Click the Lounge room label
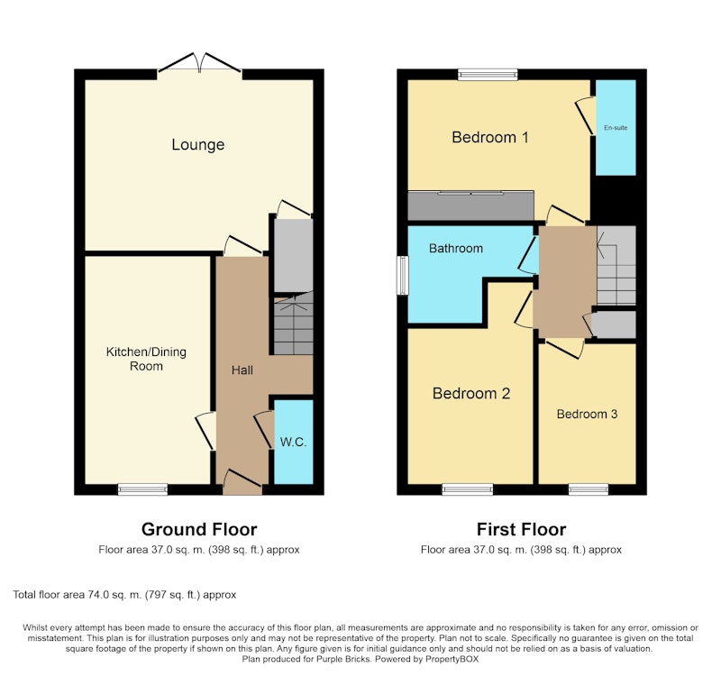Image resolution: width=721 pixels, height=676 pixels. (198, 144)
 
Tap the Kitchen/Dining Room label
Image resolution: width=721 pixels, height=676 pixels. (146, 359)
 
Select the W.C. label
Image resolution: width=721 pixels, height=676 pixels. (294, 442)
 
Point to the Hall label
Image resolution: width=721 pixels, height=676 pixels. (242, 370)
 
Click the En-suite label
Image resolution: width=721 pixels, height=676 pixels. (616, 127)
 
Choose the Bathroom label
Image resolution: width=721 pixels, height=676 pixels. (456, 249)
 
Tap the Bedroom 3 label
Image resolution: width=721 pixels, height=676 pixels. (587, 414)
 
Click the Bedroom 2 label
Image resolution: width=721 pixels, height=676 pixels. (471, 393)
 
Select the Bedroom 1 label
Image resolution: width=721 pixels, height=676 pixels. (490, 137)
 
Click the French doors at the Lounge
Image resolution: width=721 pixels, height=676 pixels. (199, 63)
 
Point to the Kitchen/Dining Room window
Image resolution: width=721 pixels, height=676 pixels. (143, 489)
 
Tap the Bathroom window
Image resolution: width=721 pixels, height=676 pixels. (403, 275)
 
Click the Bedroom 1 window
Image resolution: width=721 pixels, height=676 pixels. (488, 75)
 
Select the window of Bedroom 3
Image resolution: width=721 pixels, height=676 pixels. (589, 489)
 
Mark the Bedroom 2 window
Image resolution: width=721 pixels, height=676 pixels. (468, 489)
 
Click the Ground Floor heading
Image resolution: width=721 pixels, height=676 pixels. (199, 529)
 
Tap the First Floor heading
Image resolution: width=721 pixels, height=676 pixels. (521, 529)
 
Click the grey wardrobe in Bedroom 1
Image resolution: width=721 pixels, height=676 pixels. (470, 206)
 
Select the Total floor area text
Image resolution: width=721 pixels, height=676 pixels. (124, 595)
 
